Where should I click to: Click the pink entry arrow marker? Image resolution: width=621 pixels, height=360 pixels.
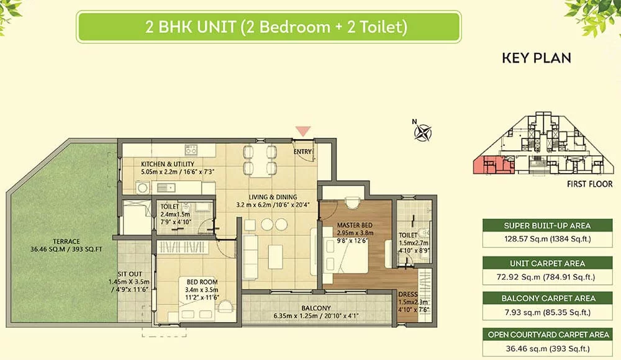pos(303,131)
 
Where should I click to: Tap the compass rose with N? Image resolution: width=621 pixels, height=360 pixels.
pos(422,131)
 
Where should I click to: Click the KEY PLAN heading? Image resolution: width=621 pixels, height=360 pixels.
pos(537,58)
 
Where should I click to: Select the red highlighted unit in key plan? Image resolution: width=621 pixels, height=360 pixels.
pos(492,165)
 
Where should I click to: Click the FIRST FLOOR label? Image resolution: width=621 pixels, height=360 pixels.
pos(589,184)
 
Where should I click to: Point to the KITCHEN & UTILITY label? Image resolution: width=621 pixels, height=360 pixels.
pos(168,164)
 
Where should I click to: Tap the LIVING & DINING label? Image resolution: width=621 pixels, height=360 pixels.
pos(273,197)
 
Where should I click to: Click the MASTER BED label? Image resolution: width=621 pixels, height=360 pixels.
pos(355,225)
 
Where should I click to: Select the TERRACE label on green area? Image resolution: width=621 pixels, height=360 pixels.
pos(66,241)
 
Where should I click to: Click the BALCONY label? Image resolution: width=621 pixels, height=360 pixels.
pos(315,308)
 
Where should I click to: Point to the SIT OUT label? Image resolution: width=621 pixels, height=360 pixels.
pos(130,274)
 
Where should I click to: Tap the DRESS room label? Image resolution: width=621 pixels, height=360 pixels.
pos(408,294)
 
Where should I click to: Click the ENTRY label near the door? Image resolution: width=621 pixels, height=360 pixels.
pos(303,151)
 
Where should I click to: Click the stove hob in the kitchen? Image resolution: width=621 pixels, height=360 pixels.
pos(191,150)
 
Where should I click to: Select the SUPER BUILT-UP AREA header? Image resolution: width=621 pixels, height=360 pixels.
pos(547,226)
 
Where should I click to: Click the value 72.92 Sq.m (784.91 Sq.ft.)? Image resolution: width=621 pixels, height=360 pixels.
pos(546,277)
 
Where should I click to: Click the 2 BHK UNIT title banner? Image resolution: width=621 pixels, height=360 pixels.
pos(268,27)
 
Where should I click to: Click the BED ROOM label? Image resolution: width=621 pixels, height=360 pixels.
pos(202,282)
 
